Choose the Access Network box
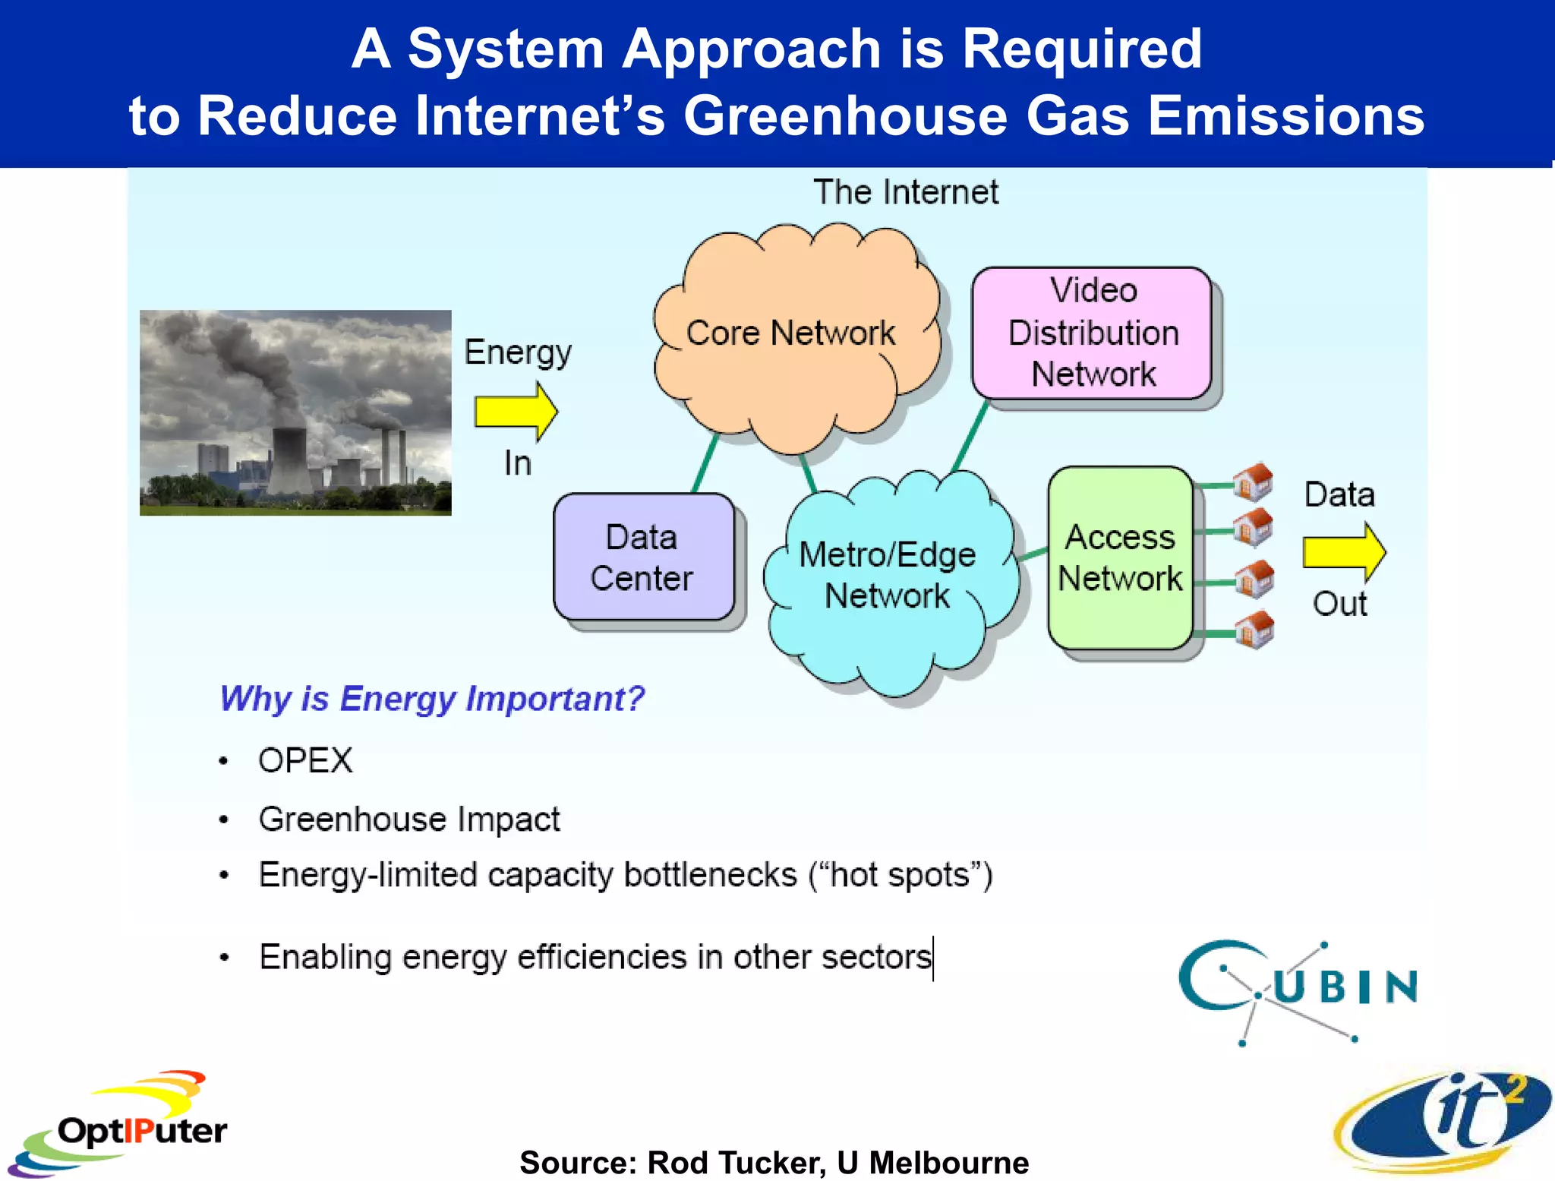coord(1120,558)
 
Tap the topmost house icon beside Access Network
coord(1253,482)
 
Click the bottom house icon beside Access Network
coord(1254,630)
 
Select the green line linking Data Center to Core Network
coord(705,463)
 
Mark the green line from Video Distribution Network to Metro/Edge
coord(970,437)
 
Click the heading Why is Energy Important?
coord(431,699)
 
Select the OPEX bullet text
coord(305,760)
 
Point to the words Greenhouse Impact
coord(409,819)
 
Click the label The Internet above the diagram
coord(905,192)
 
